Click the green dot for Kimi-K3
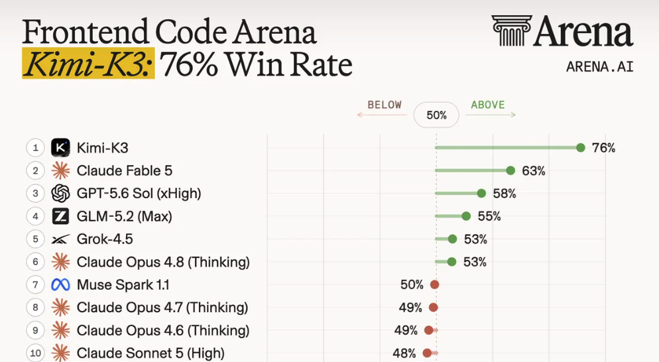580,148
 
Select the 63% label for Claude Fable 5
533,170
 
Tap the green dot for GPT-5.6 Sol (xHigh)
481,194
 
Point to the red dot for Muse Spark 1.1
434,284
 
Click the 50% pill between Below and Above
436,115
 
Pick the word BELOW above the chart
385,105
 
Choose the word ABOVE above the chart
487,105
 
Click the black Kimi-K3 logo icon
60,148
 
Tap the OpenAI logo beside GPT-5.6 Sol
60,194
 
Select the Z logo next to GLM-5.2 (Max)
60,216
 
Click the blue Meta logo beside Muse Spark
60,285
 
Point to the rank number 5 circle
35,239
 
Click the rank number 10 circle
35,353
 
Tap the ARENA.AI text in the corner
600,67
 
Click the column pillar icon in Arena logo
512,30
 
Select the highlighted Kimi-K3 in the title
88,64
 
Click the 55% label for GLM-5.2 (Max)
489,216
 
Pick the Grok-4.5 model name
105,239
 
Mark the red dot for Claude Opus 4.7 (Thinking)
434,308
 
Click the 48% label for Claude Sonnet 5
404,353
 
